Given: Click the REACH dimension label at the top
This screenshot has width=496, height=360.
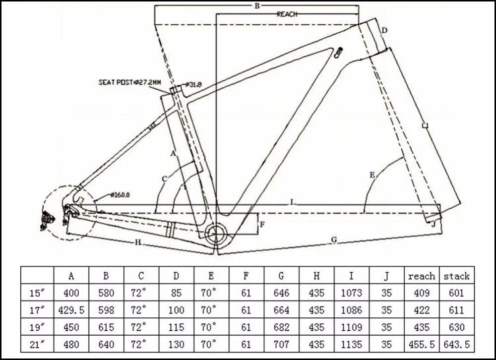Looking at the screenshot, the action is pos(287,14).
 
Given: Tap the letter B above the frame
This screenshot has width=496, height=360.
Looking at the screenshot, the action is pos(257,5).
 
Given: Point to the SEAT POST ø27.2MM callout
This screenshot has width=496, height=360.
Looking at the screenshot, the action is pos(129,82).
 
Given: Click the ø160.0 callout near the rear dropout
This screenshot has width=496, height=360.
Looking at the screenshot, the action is pos(120,195).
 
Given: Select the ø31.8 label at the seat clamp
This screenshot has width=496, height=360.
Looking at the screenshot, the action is pos(193,84).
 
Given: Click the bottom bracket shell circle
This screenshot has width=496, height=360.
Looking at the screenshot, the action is pos(216,235).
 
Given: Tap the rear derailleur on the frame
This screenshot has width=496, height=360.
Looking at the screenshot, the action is pos(48,220).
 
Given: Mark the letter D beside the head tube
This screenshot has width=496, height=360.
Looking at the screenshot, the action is pos(384,30).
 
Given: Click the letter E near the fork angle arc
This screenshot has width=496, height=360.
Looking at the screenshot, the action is pos(372,175).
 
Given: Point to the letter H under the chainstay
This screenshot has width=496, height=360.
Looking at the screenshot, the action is pos(138,242).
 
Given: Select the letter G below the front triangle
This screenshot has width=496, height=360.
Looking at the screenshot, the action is pos(334,240).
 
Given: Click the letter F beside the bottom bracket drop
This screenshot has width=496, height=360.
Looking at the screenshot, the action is pos(262,225).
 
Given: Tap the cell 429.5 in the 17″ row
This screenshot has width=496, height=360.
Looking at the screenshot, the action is pos(71,310).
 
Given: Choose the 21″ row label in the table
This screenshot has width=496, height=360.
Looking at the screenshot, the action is pos(37,344).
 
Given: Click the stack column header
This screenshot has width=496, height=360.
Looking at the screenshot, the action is pos(456,276).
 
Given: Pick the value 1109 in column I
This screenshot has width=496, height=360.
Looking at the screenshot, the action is pos(352,327).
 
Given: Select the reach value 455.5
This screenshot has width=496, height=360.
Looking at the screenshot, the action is pos(422,344).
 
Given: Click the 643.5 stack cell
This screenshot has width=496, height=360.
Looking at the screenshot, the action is pos(456,344).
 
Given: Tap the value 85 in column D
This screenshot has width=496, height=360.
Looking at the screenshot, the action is pos(176,293).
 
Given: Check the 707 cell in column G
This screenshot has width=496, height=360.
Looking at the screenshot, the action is pos(281,344).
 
